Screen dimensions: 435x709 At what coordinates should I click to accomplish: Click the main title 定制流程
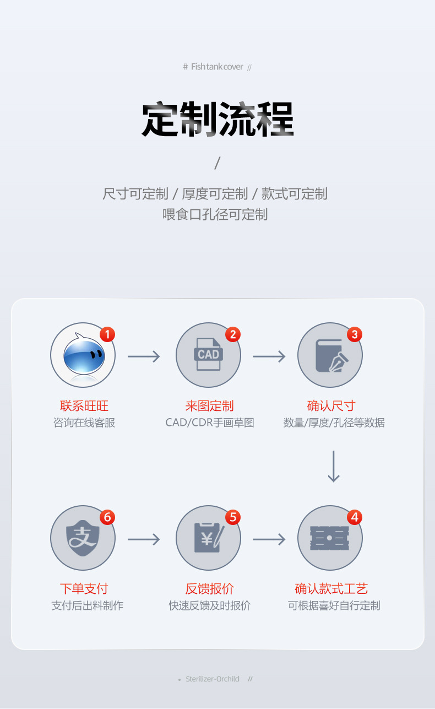pyautogui.click(x=218, y=119)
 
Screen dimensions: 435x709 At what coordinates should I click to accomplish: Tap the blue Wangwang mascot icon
pyautogui.click(x=83, y=355)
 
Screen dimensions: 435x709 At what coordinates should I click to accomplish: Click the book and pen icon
pyautogui.click(x=330, y=355)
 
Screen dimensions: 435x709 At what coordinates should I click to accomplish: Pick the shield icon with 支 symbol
pyautogui.click(x=83, y=538)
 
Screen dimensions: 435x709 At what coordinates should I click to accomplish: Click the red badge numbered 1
pyautogui.click(x=107, y=334)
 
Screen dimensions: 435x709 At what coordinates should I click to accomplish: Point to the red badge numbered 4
pyautogui.click(x=354, y=517)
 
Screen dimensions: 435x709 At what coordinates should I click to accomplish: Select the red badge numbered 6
pyautogui.click(x=107, y=517)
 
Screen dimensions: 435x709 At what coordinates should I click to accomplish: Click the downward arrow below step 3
pyautogui.click(x=334, y=466)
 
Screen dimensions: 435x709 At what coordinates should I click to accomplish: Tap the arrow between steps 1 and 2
pyautogui.click(x=144, y=356)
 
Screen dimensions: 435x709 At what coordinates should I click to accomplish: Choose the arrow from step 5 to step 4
pyautogui.click(x=269, y=539)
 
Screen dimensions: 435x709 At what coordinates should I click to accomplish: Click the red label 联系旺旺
pyautogui.click(x=84, y=406)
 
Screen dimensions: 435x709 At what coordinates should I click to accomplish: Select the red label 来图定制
pyautogui.click(x=209, y=406)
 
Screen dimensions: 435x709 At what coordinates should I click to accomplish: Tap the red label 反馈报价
pyautogui.click(x=209, y=589)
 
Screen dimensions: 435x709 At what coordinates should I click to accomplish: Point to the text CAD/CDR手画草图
pyautogui.click(x=210, y=423)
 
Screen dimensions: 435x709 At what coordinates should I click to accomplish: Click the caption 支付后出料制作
pyautogui.click(x=87, y=605)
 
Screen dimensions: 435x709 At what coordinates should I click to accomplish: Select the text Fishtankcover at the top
pyautogui.click(x=217, y=67)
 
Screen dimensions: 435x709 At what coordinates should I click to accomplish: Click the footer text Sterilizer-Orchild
pyautogui.click(x=213, y=679)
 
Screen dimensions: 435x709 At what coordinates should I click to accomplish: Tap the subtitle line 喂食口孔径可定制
pyautogui.click(x=215, y=214)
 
